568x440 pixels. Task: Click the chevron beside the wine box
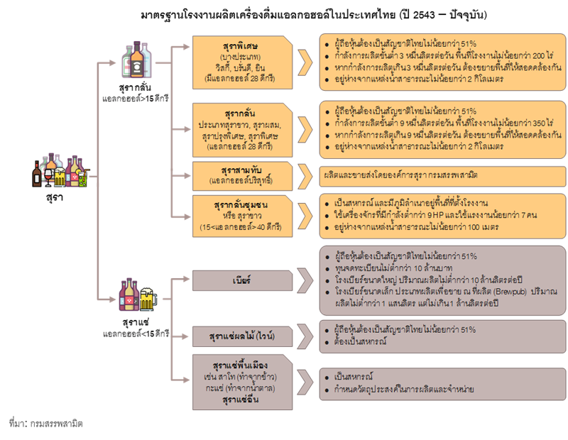pyautogui.click(x=305, y=335)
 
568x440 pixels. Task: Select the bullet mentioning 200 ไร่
pyautogui.click(x=434, y=55)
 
